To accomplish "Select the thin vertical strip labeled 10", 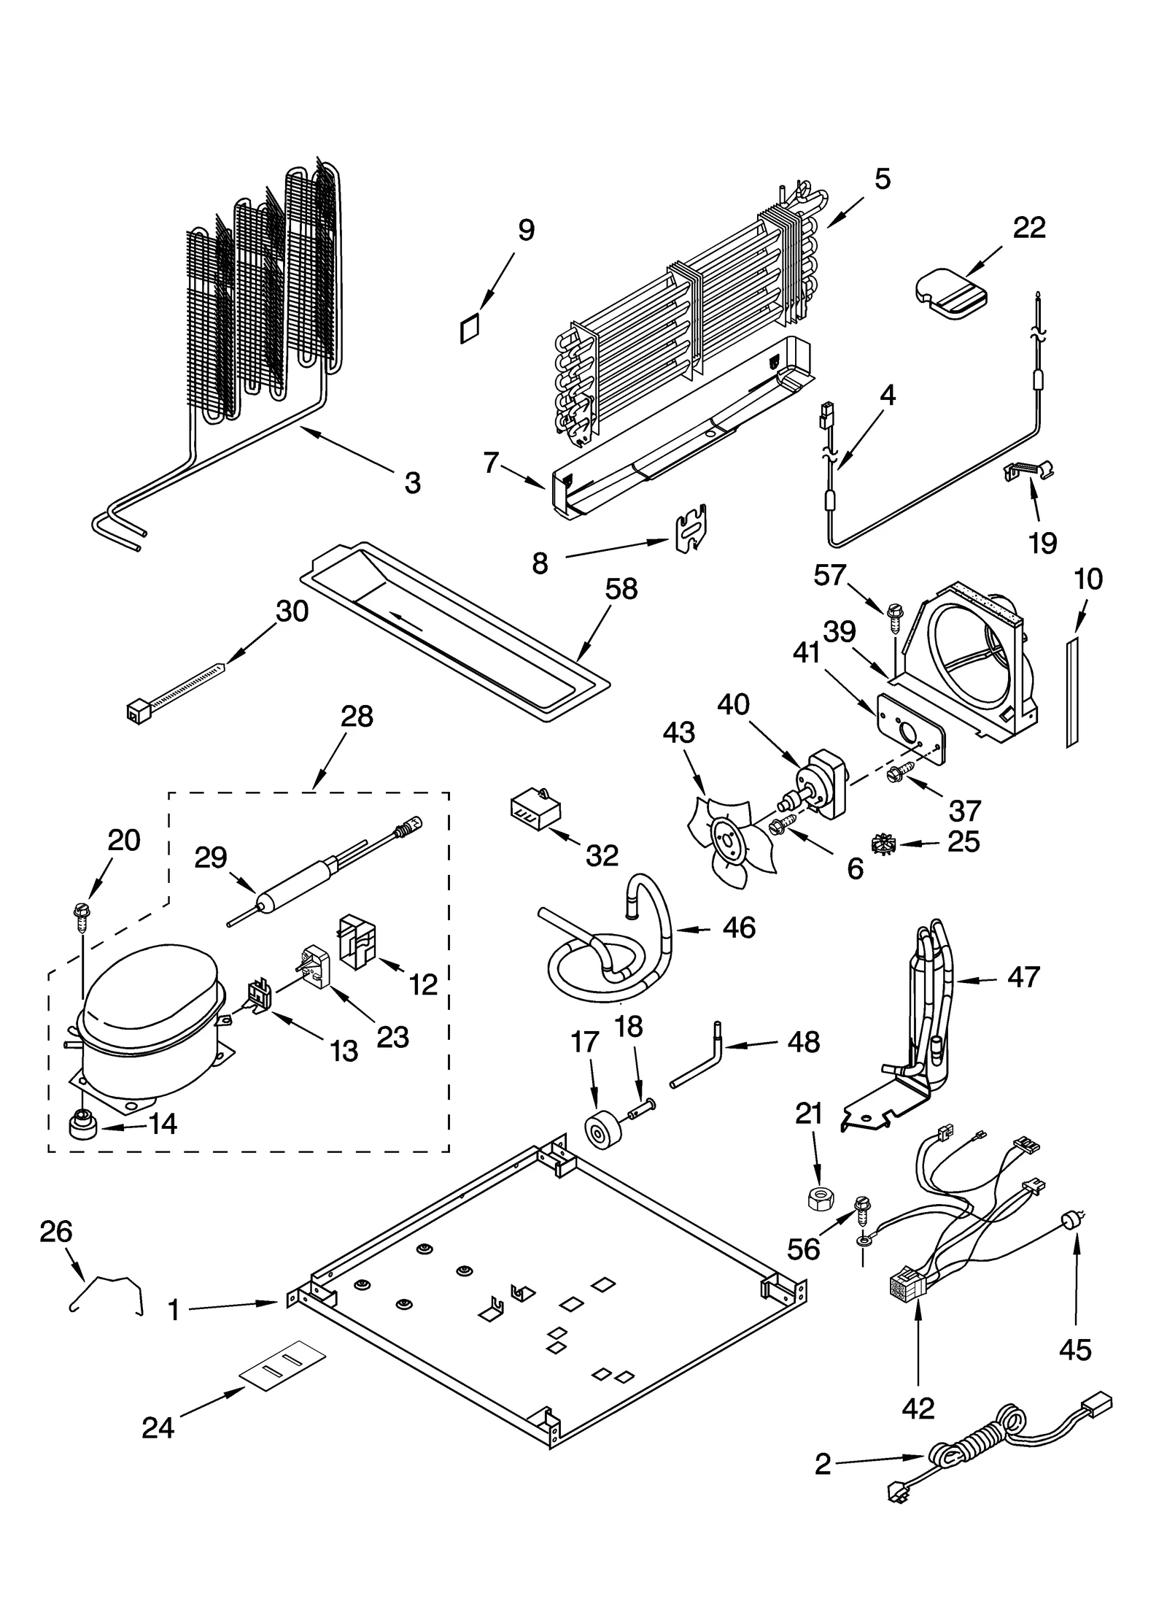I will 1071,690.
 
